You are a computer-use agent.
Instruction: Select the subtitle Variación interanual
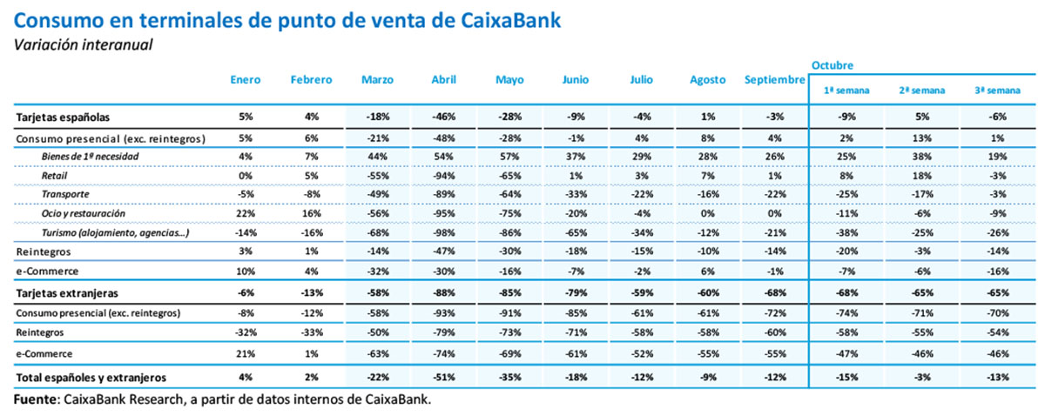pyautogui.click(x=83, y=44)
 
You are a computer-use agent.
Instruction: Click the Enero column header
pyautogui.click(x=245, y=80)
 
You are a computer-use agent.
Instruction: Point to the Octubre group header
pyautogui.click(x=832, y=64)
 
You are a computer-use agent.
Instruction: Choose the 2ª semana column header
pyautogui.click(x=921, y=90)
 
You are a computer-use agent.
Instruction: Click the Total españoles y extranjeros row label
pyautogui.click(x=91, y=377)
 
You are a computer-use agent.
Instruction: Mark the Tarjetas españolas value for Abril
pyautogui.click(x=444, y=117)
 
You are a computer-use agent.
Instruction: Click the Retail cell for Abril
pyautogui.click(x=444, y=175)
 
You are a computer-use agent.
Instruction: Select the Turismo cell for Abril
pyautogui.click(x=444, y=232)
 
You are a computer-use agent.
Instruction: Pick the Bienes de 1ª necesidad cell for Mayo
pyautogui.click(x=509, y=156)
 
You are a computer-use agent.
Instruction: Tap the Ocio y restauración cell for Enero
pyautogui.click(x=245, y=213)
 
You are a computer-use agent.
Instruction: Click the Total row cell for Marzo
pyautogui.click(x=377, y=377)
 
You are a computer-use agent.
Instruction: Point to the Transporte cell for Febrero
pyautogui.click(x=311, y=194)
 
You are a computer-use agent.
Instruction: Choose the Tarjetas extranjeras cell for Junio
pyautogui.click(x=575, y=292)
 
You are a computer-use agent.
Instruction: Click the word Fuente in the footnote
pyautogui.click(x=35, y=399)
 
